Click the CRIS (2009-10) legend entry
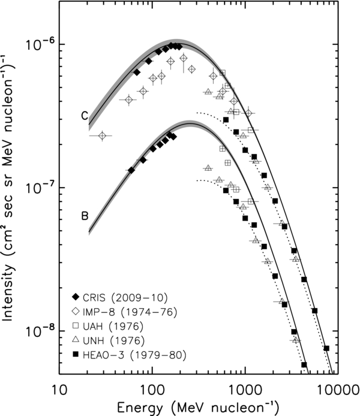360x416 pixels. pos(115,298)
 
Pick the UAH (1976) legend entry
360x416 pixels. pos(108,327)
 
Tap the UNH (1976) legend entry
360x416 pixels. pos(109,342)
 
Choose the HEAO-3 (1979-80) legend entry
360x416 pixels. pos(123,356)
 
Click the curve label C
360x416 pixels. pos(85,117)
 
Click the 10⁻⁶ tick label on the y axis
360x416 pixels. pos(36,43)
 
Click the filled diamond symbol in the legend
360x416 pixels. pos(75,298)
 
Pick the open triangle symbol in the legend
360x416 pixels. pos(75,342)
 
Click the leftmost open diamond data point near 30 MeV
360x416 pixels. pos(102,136)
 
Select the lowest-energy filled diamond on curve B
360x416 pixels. pos(131,170)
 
